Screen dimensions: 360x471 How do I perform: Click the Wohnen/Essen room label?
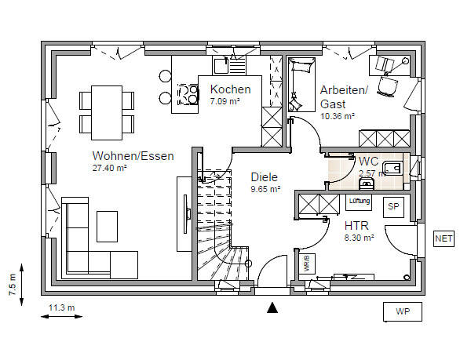pyautogui.click(x=133, y=155)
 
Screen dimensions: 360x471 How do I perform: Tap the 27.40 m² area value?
pyautogui.click(x=110, y=168)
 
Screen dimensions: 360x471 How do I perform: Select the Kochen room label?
pyautogui.click(x=230, y=89)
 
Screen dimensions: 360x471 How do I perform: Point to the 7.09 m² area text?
pyautogui.click(x=225, y=101)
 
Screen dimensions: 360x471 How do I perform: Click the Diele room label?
pyautogui.click(x=265, y=176)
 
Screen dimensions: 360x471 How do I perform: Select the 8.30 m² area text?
pyautogui.click(x=359, y=236)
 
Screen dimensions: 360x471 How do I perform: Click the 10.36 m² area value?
pyautogui.click(x=338, y=115)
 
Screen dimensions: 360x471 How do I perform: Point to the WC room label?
pyautogui.click(x=369, y=162)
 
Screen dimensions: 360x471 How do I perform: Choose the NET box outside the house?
pyautogui.click(x=444, y=237)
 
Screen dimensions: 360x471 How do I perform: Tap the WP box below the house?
pyautogui.click(x=403, y=311)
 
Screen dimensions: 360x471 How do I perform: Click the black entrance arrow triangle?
pyautogui.click(x=272, y=307)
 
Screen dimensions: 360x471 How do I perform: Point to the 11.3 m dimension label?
pyautogui.click(x=61, y=307)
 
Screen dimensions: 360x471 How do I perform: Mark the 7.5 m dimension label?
pyautogui.click(x=13, y=282)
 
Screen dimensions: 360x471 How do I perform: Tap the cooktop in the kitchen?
pyautogui.click(x=188, y=95)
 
